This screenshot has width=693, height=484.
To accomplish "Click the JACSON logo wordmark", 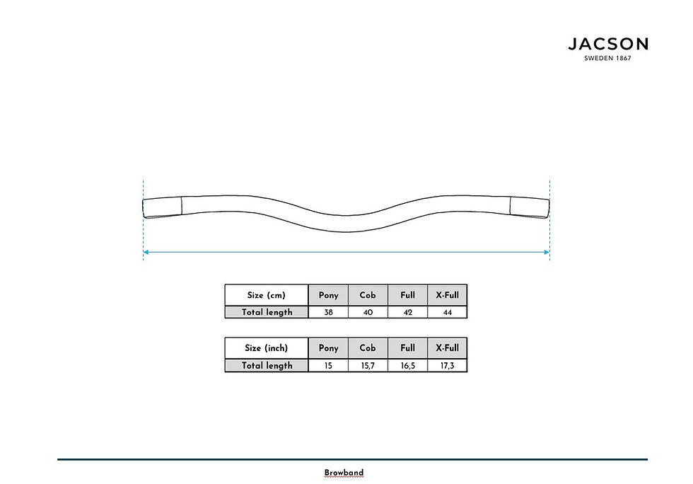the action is [608, 44].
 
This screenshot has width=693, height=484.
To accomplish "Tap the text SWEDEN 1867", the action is [607, 58].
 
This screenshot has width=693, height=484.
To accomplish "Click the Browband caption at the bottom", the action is [344, 473].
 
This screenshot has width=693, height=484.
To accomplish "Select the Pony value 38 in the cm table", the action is [328, 312].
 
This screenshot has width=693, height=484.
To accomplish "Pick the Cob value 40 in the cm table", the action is [368, 312].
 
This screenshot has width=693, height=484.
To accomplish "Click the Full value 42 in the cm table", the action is [408, 312].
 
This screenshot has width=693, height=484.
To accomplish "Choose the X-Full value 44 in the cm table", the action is [447, 312].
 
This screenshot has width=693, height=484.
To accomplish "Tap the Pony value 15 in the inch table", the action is [328, 366].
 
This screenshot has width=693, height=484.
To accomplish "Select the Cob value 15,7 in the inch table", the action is [368, 366].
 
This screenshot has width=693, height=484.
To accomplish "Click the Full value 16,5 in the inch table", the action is [408, 366].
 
